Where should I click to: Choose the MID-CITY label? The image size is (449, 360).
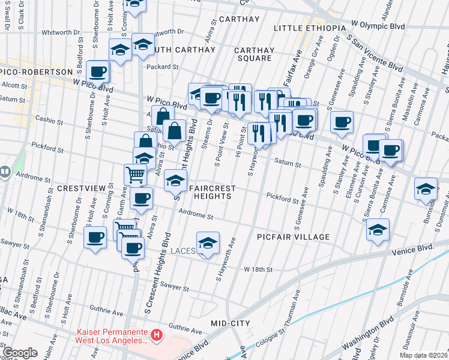pos(231,323)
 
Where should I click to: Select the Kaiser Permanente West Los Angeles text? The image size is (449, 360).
pos(112,336)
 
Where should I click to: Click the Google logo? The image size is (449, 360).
pos(20,353)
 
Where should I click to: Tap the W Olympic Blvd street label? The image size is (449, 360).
pos(378,26)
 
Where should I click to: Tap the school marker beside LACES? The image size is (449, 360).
pos(208,243)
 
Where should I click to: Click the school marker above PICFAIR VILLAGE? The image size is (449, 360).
pos(377,230)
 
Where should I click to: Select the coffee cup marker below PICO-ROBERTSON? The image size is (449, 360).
pos(97,72)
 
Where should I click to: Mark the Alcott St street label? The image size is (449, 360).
pos(14,86)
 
